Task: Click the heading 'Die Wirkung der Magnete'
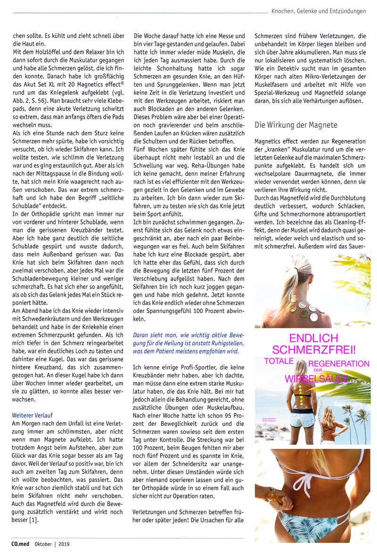pyautogui.click(x=295, y=125)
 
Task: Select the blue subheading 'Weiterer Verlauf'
pyautogui.click(x=32, y=415)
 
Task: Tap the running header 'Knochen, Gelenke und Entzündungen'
pyautogui.click(x=319, y=11)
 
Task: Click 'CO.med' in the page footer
pyautogui.click(x=22, y=544)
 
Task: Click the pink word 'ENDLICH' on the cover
pyautogui.click(x=313, y=338)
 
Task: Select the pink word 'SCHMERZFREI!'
pyautogui.click(x=314, y=350)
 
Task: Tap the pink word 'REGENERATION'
pyautogui.click(x=339, y=364)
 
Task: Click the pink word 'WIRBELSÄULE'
pyautogui.click(x=316, y=379)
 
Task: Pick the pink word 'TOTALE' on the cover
pyautogui.click(x=279, y=362)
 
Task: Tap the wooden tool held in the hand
pyautogui.click(x=276, y=497)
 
